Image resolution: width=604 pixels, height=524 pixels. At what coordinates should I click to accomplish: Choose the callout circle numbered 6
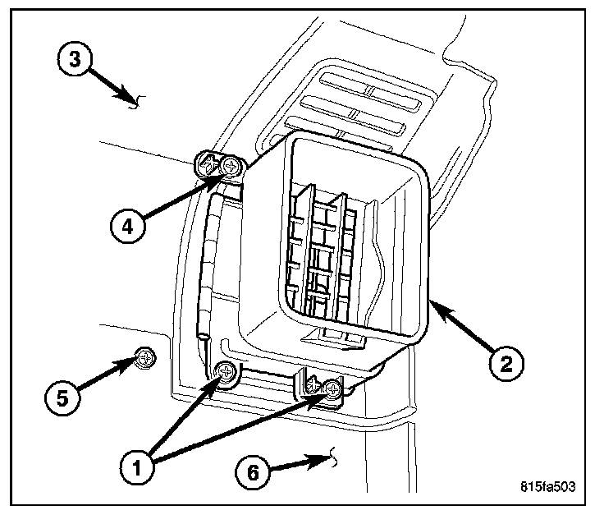point(252,472)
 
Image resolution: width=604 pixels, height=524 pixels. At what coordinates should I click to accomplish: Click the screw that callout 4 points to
point(231,166)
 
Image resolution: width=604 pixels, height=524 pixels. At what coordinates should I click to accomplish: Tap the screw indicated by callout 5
point(145,358)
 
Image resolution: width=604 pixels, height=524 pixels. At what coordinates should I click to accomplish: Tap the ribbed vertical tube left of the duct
point(212,255)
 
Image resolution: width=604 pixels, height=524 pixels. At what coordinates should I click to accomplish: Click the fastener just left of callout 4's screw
point(210,164)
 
